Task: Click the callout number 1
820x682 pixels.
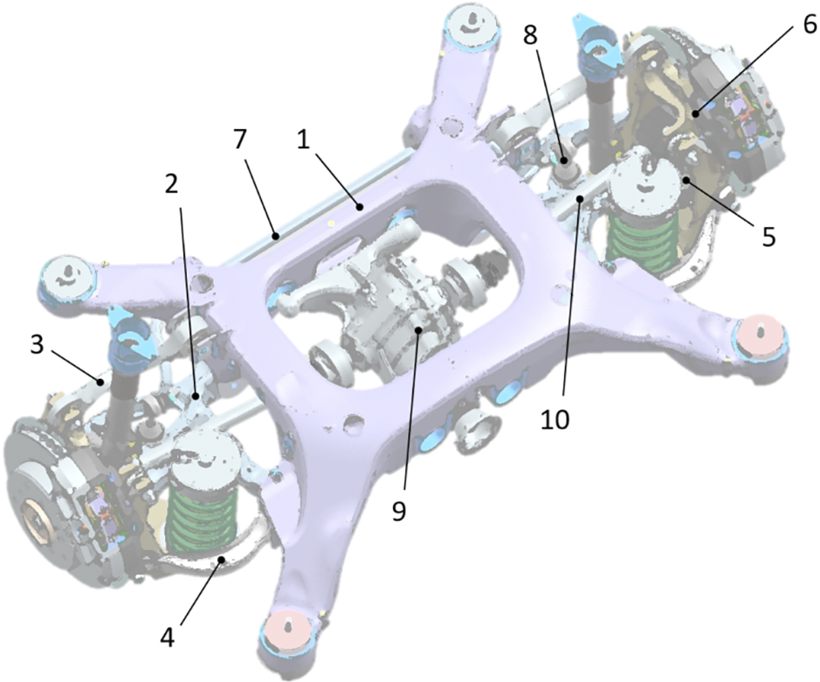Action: click(303, 140)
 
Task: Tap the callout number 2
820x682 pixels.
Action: click(171, 183)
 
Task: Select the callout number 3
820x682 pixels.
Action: click(36, 345)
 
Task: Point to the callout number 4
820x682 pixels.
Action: click(167, 637)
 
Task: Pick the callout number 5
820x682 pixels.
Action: click(768, 236)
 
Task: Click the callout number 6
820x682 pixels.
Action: click(809, 24)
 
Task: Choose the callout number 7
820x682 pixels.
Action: click(240, 140)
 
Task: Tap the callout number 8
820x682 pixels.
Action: click(530, 35)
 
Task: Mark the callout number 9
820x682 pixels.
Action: click(398, 512)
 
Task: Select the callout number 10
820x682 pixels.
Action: click(555, 418)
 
